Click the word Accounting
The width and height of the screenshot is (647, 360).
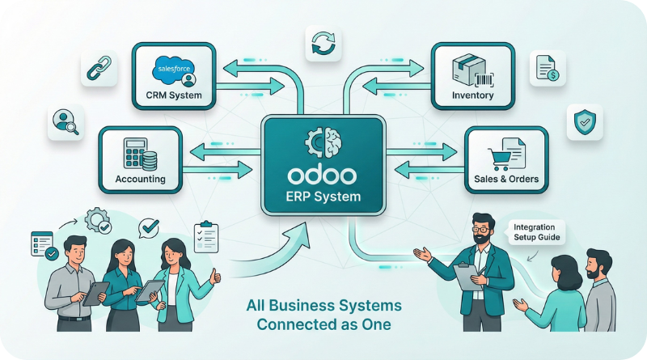pyautogui.click(x=141, y=179)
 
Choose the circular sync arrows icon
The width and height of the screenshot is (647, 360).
pyautogui.click(x=323, y=42)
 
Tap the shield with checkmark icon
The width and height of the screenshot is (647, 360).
pyautogui.click(x=583, y=122)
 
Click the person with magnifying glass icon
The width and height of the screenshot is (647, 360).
pyautogui.click(x=64, y=122)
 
